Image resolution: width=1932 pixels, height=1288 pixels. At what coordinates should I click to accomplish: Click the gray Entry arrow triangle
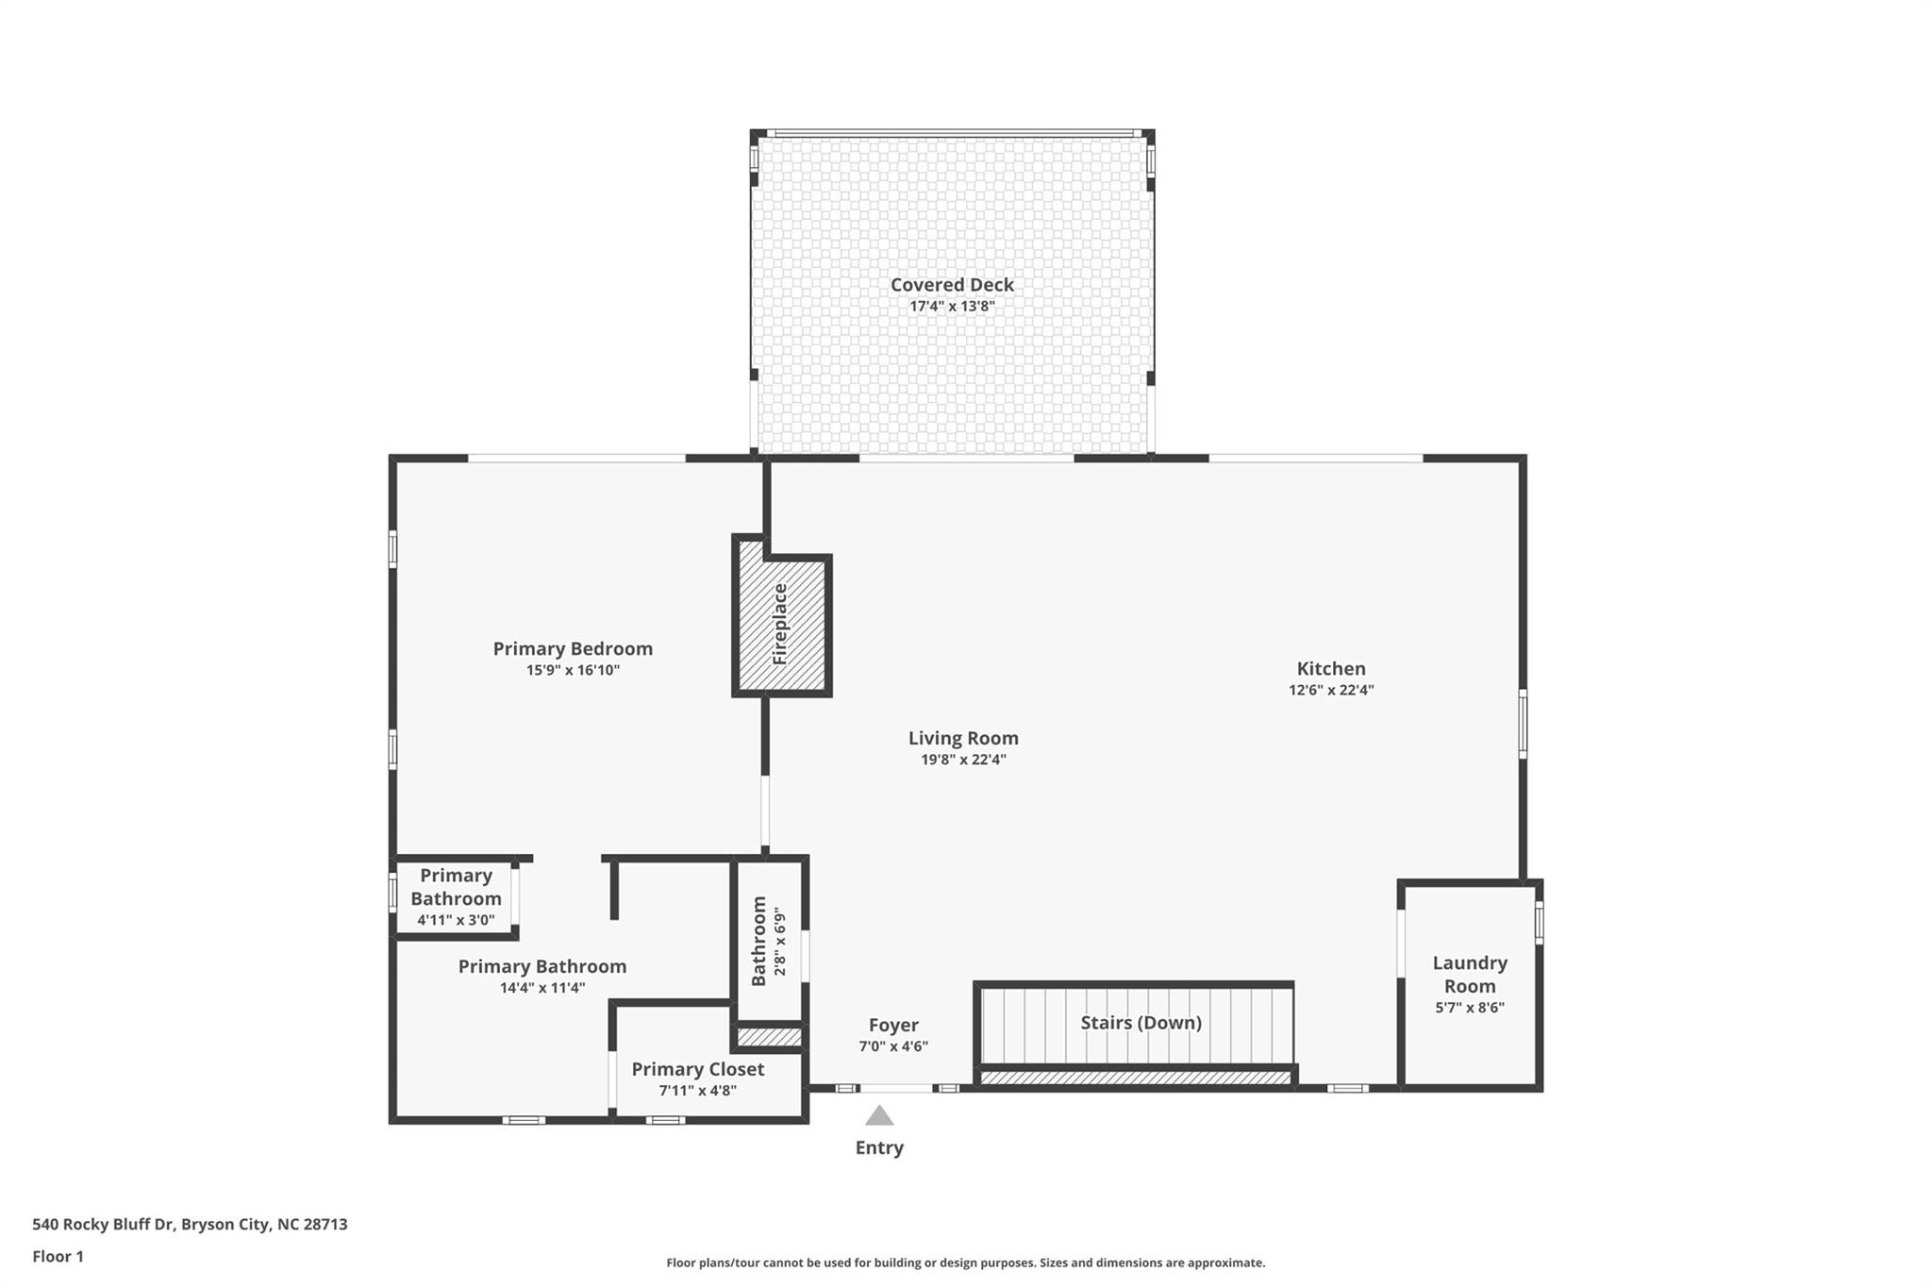click(x=879, y=1116)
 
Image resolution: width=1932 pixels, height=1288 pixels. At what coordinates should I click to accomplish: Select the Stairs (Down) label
click(x=1141, y=1023)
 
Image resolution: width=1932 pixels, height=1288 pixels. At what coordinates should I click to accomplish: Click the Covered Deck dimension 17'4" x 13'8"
click(x=952, y=307)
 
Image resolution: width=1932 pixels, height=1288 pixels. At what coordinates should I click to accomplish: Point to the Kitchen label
click(x=1330, y=668)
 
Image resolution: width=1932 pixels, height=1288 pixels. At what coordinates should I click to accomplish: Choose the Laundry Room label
click(x=1469, y=974)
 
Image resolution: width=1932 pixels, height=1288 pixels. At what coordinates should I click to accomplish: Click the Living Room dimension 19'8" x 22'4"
click(x=963, y=760)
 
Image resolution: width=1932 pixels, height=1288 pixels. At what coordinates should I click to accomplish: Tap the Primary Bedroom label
click(x=573, y=648)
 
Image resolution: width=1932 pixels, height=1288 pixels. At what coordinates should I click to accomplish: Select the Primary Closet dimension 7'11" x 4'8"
click(x=697, y=1091)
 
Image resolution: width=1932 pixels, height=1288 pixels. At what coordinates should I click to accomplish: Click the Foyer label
click(x=893, y=1025)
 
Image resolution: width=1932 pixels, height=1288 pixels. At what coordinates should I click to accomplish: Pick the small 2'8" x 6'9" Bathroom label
click(x=759, y=942)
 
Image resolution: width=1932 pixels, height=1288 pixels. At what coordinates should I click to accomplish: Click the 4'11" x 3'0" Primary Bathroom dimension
click(x=456, y=920)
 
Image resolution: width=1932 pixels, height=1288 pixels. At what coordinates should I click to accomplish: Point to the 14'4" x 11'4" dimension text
click(x=542, y=988)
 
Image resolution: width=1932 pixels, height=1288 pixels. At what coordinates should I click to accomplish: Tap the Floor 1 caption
click(x=58, y=1256)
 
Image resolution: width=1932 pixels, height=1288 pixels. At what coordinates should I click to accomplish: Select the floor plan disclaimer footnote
click(x=965, y=1263)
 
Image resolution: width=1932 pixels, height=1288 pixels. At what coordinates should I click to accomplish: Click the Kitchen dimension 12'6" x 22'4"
click(x=1330, y=690)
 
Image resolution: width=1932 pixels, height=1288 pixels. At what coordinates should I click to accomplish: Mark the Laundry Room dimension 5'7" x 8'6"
click(x=1469, y=1007)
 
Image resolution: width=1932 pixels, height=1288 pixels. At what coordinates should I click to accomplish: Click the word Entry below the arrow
click(x=879, y=1147)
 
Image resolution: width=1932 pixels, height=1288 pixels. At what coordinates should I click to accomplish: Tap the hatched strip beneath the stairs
click(x=1136, y=1078)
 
